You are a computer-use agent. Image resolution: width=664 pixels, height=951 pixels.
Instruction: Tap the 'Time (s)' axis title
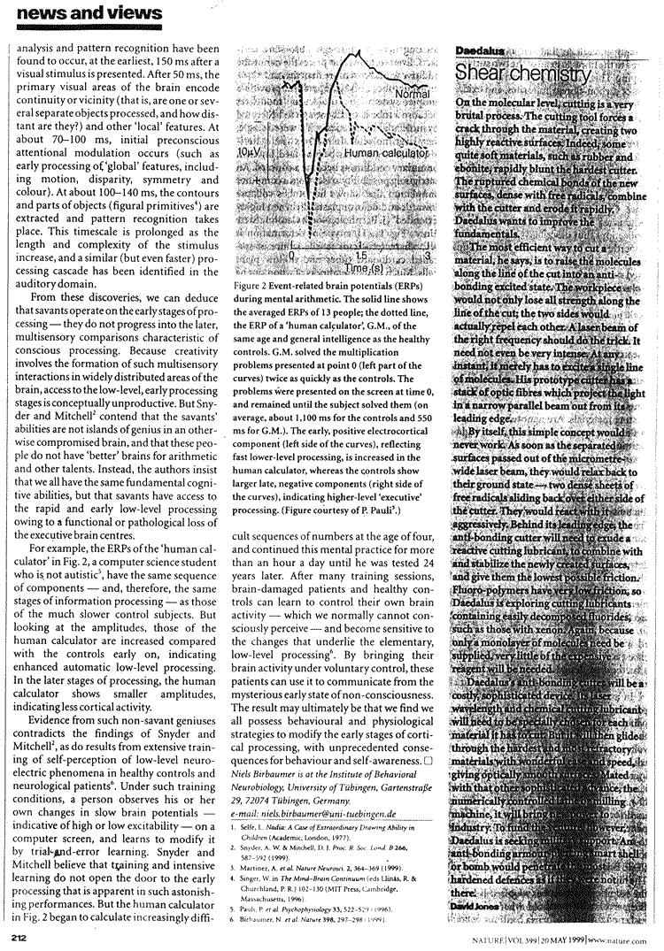(364, 266)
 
